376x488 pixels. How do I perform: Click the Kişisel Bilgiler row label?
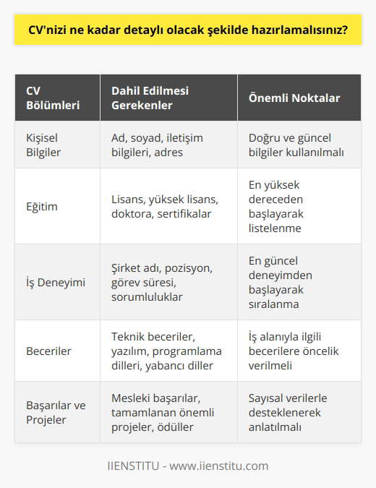click(x=41, y=145)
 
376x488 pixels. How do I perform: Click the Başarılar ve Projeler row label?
click(x=54, y=412)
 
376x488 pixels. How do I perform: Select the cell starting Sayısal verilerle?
click(x=291, y=412)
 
